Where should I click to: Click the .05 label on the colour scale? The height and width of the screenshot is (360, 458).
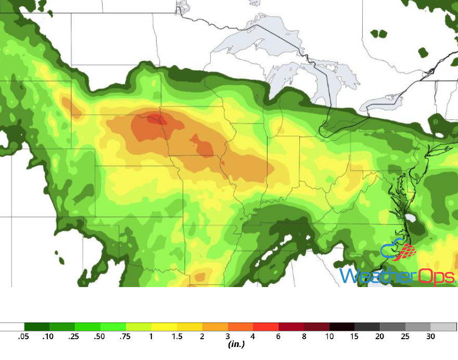coord(23,337)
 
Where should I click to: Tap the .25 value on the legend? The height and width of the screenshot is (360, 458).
coord(74,337)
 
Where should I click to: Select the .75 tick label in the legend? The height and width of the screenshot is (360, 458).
coord(125,337)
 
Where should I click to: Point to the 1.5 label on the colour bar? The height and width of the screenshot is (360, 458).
coord(176,337)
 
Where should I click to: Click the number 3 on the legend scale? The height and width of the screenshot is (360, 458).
coord(228,337)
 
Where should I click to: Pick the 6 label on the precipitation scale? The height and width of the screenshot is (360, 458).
coord(278,337)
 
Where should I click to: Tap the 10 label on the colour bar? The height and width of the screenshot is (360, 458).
coord(329,337)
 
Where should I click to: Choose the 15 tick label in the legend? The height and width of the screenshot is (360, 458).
coord(355,337)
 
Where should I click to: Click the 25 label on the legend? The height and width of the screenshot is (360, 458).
coord(405,337)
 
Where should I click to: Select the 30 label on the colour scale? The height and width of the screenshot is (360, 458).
coord(431,337)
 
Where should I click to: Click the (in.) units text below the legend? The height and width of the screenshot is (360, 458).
coord(236,344)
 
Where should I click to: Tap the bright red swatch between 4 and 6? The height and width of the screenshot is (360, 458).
coord(265,327)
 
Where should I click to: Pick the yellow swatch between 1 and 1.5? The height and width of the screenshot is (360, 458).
coord(164,327)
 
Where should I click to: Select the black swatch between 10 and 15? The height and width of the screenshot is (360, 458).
coord(342,327)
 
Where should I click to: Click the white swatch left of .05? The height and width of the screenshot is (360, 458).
coord(12,327)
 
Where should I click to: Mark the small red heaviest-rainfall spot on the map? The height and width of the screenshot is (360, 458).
coord(156,120)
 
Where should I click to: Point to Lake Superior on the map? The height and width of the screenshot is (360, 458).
coord(250,42)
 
